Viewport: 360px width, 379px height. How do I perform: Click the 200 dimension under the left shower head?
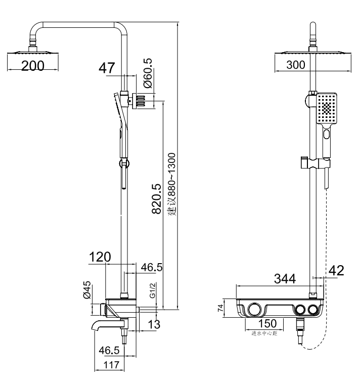33,66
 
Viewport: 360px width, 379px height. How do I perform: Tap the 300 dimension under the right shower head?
296,65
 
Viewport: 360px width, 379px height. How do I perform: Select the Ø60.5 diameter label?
148,73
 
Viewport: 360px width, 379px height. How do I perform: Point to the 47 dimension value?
107,68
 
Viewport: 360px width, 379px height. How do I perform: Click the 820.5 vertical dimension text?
156,199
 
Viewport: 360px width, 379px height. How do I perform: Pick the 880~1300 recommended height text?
172,184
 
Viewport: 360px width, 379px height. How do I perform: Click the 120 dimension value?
100,257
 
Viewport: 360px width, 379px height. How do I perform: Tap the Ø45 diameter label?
87,289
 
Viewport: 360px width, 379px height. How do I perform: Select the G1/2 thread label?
152,290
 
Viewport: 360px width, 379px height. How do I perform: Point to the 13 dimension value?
154,324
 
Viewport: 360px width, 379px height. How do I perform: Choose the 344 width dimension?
285,279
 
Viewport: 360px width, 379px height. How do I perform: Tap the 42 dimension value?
336,271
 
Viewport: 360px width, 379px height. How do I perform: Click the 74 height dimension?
220,308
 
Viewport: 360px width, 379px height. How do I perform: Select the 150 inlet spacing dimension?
267,323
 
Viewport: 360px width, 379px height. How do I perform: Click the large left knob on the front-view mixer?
254,309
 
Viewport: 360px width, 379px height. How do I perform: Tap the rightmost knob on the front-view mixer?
312,310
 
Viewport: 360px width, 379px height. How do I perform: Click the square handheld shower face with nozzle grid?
327,108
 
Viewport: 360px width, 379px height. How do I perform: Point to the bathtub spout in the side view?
107,325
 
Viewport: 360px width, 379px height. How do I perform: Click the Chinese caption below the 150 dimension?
264,333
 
